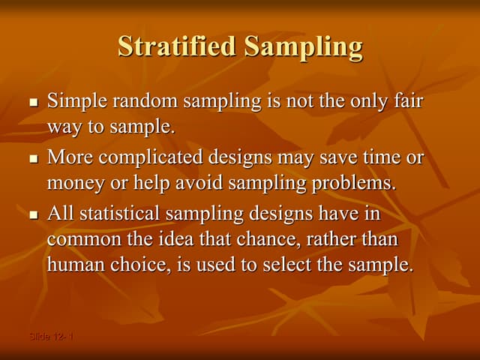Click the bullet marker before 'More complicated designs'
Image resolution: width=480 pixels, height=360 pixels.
click(x=32, y=160)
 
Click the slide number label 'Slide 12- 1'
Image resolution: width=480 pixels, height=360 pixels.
click(x=52, y=337)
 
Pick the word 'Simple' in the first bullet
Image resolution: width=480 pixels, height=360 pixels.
click(x=73, y=101)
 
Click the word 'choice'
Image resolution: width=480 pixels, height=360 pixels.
click(x=136, y=264)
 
